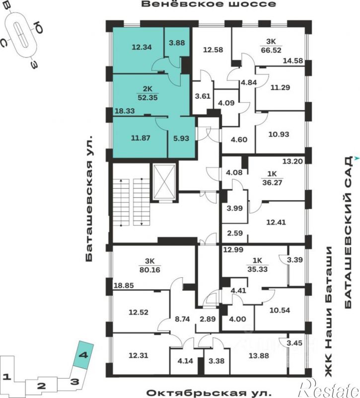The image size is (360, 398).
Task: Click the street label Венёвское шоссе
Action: tap(208, 4)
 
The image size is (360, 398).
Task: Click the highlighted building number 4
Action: tap(83, 354)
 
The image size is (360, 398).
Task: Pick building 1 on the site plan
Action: tap(7, 377)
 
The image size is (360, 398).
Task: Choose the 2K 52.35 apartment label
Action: tap(147, 93)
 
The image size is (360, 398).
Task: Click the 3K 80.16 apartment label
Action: tap(149, 265)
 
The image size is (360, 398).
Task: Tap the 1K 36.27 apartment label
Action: tap(272, 178)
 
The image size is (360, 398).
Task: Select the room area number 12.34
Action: tap(142, 47)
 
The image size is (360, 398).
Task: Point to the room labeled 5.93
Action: tap(181, 138)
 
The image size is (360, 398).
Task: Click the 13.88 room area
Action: tap(259, 356)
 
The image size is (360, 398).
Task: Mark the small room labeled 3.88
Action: tap(177, 43)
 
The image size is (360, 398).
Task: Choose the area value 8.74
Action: tap(182, 319)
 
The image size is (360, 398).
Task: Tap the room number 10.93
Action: tap(279, 134)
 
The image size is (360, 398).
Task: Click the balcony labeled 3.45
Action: tap(294, 343)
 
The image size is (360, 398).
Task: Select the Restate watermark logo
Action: tap(329, 389)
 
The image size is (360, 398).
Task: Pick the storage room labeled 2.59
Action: tap(235, 233)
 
